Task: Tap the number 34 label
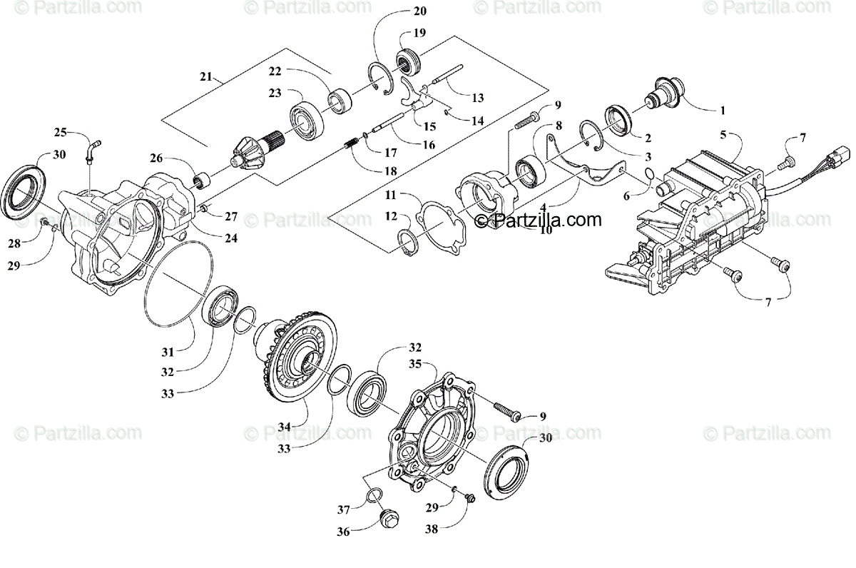click(285, 427)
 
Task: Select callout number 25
click(61, 133)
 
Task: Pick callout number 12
click(391, 215)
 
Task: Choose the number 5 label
click(723, 134)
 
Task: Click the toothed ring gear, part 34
click(299, 350)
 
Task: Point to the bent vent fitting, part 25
click(92, 149)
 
